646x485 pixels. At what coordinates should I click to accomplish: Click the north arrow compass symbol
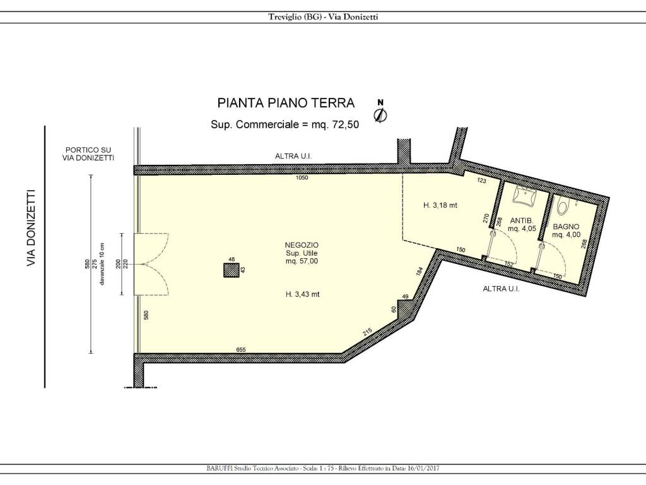click(380, 113)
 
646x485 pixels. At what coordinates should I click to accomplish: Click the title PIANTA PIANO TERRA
click(286, 103)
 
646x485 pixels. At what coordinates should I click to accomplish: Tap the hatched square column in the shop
click(232, 270)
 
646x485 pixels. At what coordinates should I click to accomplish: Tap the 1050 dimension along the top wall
click(301, 179)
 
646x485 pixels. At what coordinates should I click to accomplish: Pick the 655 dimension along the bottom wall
click(240, 349)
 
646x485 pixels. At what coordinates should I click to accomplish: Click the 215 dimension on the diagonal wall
click(367, 332)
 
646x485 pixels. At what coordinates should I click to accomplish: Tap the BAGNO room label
click(566, 226)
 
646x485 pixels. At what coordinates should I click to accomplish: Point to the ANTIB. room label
click(522, 220)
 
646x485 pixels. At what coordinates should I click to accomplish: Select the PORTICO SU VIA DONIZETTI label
click(88, 154)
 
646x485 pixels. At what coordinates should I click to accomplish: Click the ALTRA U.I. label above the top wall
click(293, 156)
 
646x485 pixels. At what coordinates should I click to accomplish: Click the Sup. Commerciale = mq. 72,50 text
click(285, 124)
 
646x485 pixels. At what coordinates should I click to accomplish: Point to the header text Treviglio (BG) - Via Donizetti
click(323, 17)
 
